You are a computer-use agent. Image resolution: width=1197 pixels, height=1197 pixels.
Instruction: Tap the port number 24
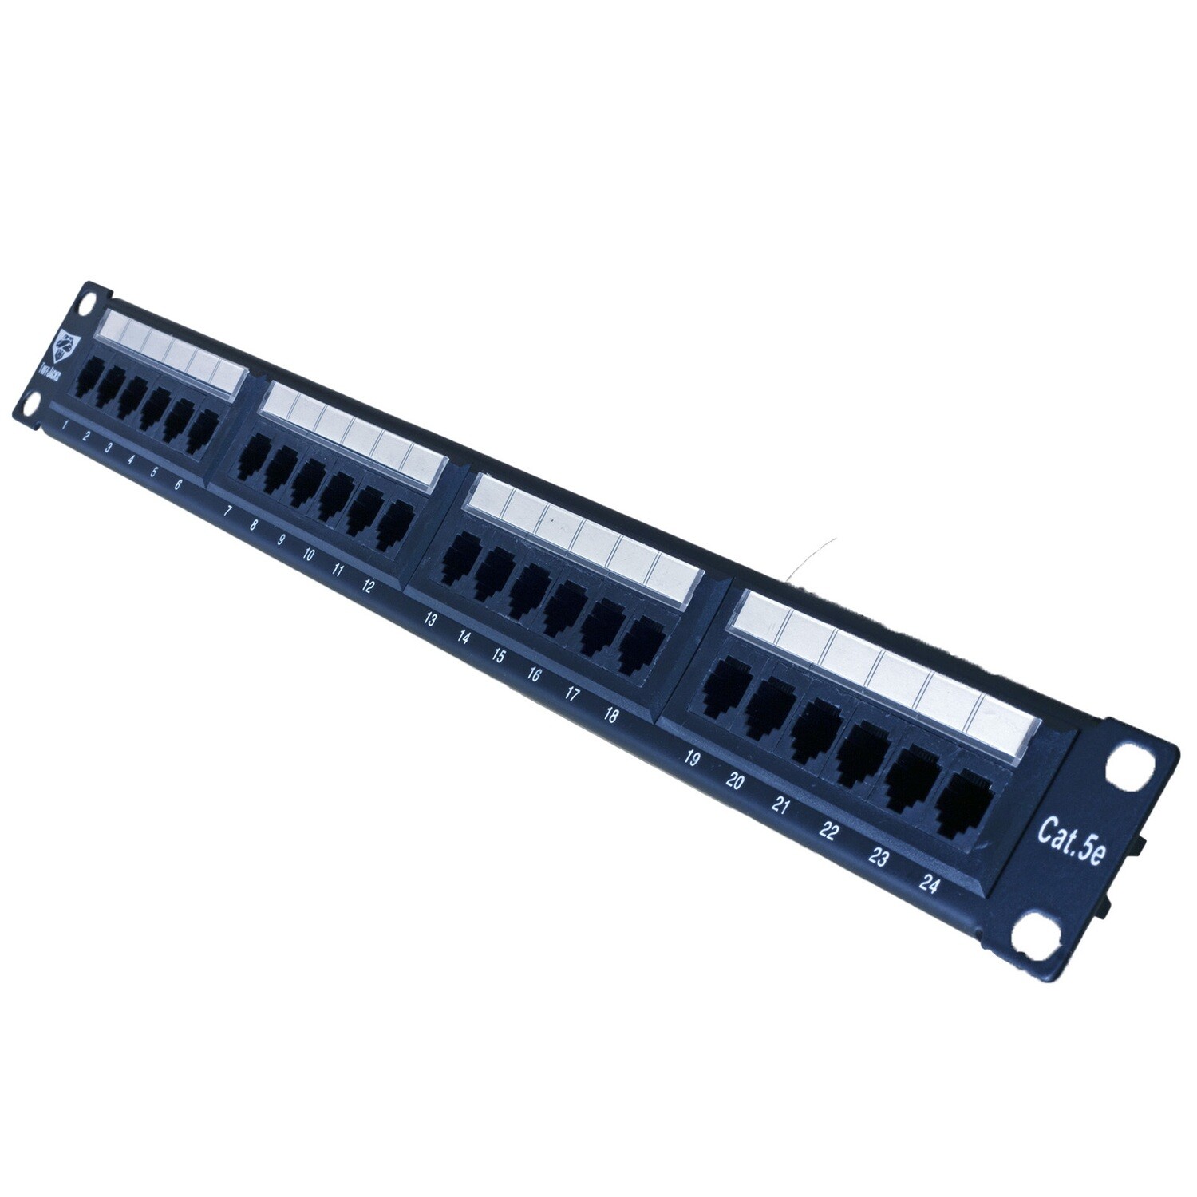pyautogui.click(x=928, y=883)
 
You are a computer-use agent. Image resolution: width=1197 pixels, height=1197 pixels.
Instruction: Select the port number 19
pyautogui.click(x=692, y=759)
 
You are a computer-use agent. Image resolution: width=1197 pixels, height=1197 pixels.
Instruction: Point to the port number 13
pyautogui.click(x=429, y=619)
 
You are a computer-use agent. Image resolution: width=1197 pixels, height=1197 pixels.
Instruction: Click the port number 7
pyautogui.click(x=228, y=512)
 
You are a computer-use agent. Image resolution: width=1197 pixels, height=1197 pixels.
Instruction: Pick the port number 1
pyautogui.click(x=64, y=425)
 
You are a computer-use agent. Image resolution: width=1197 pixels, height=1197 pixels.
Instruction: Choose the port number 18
pyautogui.click(x=610, y=715)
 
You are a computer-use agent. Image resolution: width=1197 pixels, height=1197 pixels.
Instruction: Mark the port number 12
pyautogui.click(x=367, y=587)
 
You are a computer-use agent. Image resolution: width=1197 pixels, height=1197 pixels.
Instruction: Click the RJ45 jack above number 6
pyautogui.click(x=205, y=433)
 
